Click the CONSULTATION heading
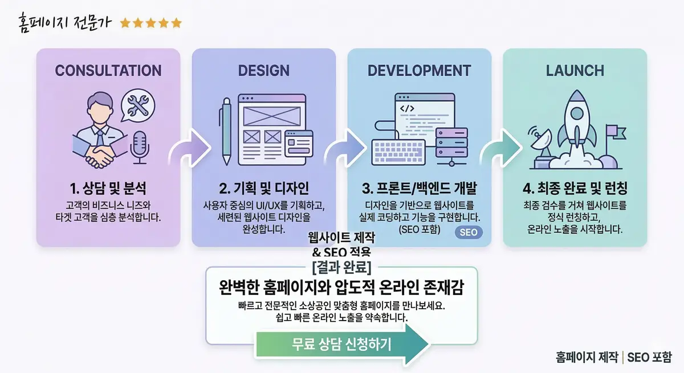click(108, 71)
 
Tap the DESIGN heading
click(263, 71)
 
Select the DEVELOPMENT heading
click(419, 71)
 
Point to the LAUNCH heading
click(575, 71)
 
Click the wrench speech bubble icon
click(139, 105)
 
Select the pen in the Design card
click(226, 131)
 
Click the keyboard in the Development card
click(399, 151)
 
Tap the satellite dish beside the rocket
click(540, 142)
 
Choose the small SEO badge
click(469, 232)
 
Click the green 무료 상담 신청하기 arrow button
click(342, 345)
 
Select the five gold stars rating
click(150, 23)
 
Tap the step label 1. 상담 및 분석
click(108, 190)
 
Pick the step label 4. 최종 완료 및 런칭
click(575, 190)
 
